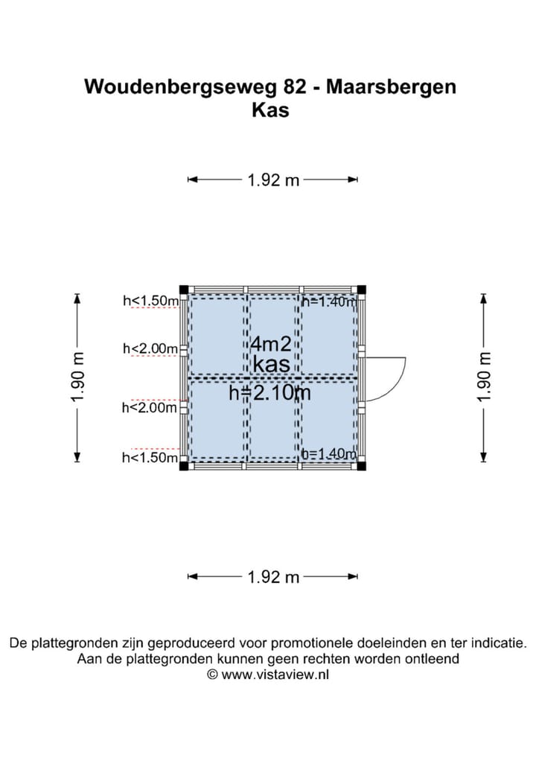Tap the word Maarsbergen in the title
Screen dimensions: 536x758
(391, 87)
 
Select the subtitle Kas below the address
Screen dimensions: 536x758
(270, 110)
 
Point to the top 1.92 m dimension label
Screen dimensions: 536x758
(273, 180)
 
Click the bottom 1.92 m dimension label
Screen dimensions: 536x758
(273, 577)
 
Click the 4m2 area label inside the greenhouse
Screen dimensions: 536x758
(271, 344)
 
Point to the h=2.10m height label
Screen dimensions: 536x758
(269, 393)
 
